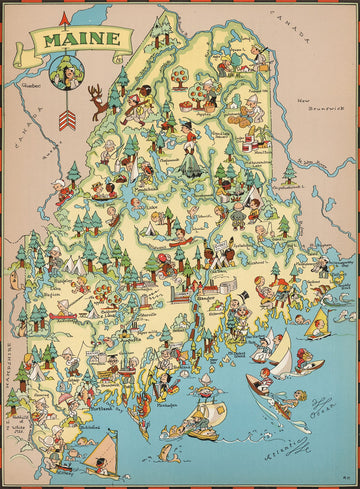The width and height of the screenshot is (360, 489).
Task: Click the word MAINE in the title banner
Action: point(80,41)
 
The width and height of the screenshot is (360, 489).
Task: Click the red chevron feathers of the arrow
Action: point(68,120)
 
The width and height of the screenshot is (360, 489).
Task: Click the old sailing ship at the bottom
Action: point(202,421)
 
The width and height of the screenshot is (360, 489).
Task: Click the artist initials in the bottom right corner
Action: point(346,479)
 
